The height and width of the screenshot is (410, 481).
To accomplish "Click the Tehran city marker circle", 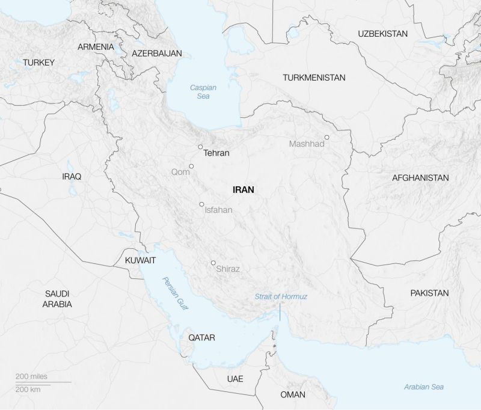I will [x=200, y=147].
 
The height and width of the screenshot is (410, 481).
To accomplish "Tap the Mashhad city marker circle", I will [x=327, y=137].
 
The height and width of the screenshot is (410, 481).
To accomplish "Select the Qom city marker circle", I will [x=191, y=167].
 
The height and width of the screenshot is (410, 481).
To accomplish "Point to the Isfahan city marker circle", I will [x=202, y=204].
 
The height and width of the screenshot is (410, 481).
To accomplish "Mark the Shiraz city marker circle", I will [x=213, y=263].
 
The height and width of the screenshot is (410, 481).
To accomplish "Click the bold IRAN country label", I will [x=243, y=189].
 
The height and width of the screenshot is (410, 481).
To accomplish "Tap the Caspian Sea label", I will [x=203, y=91].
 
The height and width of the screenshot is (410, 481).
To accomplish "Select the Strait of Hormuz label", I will [x=281, y=296].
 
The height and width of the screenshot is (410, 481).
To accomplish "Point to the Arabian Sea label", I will [x=424, y=387].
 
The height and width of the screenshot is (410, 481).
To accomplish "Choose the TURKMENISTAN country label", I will [x=314, y=78].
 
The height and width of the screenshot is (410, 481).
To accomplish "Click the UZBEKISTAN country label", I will [x=382, y=34].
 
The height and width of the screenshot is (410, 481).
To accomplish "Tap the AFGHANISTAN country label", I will [x=420, y=178].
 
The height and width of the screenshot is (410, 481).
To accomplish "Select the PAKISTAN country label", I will [x=429, y=293].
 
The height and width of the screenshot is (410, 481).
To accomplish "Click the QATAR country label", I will [x=201, y=338].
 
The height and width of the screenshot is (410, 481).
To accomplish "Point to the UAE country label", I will [x=235, y=379].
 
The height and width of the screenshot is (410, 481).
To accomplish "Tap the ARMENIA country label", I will [x=96, y=47].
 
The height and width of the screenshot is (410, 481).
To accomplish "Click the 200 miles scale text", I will [x=31, y=376].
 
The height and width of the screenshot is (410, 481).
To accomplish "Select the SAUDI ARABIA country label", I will [x=57, y=299].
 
